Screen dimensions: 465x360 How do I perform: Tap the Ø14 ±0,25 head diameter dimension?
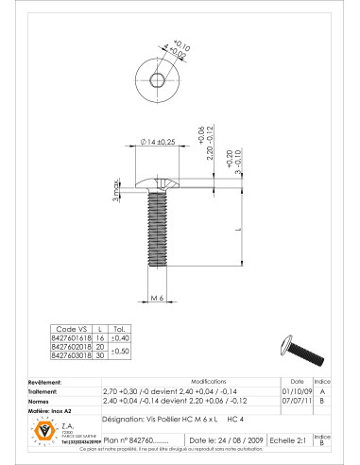158,142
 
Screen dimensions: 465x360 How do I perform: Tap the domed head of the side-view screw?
158,179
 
